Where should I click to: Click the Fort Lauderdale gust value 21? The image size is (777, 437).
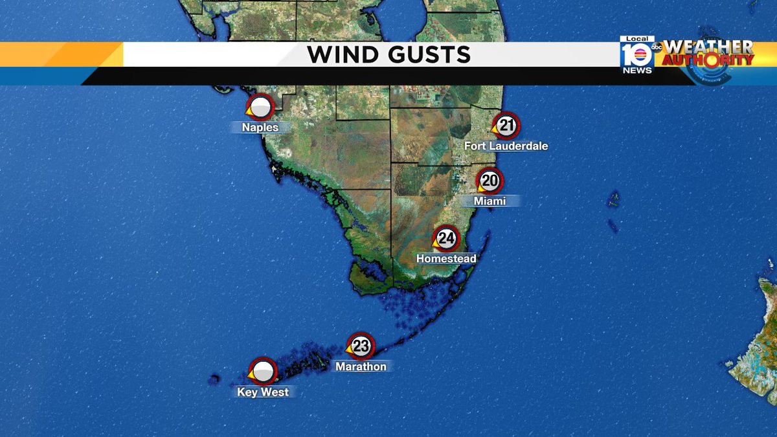[506, 126]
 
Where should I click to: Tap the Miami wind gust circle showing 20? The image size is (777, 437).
[490, 181]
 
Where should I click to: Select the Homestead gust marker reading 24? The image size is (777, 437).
[446, 238]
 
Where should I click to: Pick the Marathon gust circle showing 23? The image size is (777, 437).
[361, 346]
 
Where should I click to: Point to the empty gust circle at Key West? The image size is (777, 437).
[263, 372]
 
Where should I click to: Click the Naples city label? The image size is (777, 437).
[260, 127]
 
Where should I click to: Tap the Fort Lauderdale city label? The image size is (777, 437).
[506, 146]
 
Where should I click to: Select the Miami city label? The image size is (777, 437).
[490, 201]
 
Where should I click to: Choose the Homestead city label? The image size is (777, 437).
[446, 258]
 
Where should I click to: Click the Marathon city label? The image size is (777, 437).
[361, 366]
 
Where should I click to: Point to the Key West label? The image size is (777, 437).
[263, 392]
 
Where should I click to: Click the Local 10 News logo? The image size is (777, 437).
[637, 56]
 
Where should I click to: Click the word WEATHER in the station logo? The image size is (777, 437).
[709, 47]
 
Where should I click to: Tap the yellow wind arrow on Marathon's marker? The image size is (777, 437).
[349, 351]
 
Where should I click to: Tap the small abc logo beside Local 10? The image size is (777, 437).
[657, 47]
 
